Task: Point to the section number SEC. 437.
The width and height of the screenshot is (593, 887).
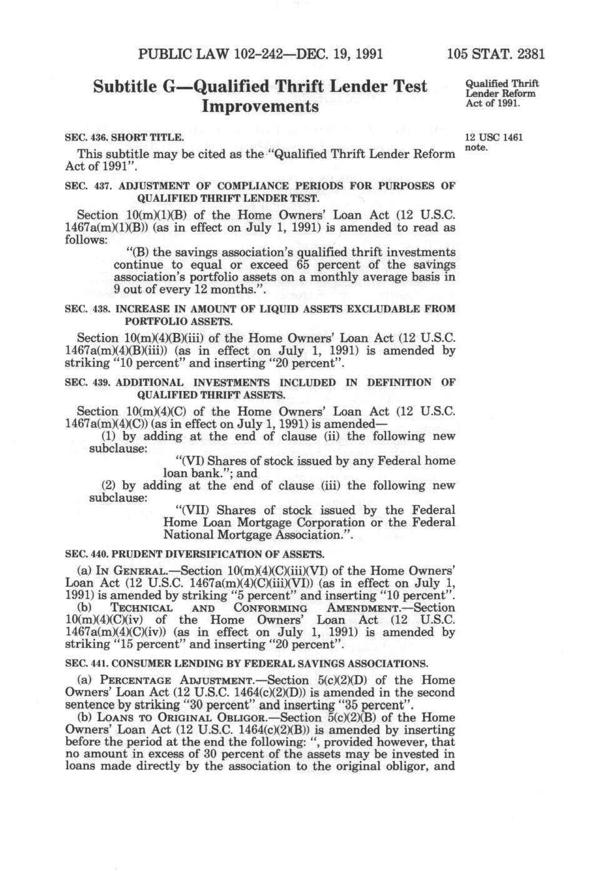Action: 88,186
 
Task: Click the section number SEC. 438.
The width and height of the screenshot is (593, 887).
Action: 88,309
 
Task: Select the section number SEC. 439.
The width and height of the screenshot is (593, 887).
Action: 88,382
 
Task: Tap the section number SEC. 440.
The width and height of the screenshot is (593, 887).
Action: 88,554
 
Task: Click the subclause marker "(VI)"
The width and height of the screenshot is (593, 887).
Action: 189,461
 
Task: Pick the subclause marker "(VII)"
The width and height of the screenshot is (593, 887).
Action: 192,510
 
